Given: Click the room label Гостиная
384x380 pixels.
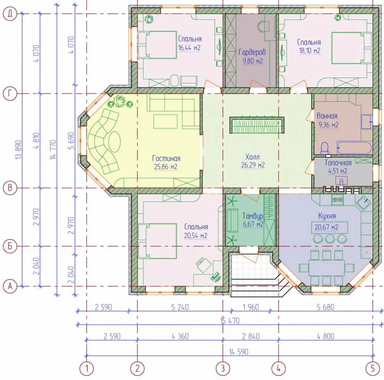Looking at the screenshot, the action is [166, 158].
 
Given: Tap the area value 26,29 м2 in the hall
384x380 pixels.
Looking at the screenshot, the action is [253, 165].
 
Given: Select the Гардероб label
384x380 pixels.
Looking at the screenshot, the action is [252, 52].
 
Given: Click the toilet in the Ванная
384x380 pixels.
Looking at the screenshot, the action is [324, 148].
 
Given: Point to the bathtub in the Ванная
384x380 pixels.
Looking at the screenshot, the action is [354, 148].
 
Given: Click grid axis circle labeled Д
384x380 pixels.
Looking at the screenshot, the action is [10, 14].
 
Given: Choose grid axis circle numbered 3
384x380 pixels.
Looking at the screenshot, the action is [223, 368].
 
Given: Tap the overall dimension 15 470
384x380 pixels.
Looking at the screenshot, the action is [230, 320].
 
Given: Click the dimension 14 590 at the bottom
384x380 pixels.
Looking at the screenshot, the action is [238, 352].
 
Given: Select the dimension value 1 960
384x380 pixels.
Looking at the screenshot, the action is [251, 307].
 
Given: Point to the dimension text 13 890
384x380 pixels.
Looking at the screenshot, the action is [18, 150].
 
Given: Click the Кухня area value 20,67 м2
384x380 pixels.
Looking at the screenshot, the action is [326, 227].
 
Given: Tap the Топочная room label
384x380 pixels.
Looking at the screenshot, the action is [338, 163].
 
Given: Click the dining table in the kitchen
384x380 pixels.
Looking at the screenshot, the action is [327, 267].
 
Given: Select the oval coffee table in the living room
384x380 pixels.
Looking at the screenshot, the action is [114, 142].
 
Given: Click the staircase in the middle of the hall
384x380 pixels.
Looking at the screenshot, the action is [257, 125].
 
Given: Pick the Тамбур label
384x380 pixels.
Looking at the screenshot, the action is [253, 216].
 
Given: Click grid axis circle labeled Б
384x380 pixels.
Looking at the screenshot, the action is [10, 246].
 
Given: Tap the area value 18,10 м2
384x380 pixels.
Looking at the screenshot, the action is [310, 51].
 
